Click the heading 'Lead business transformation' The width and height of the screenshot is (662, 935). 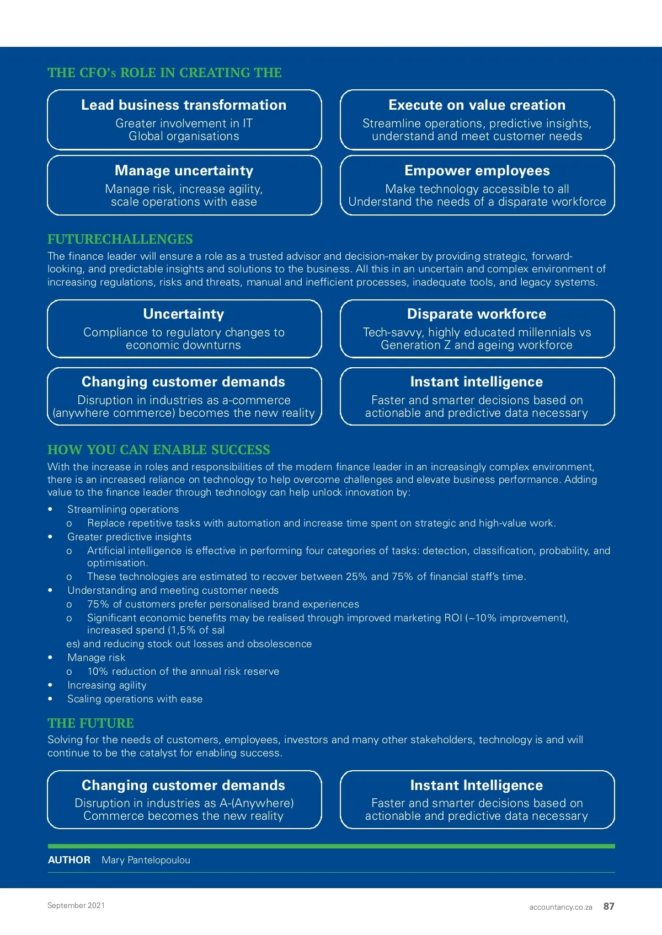click(x=184, y=105)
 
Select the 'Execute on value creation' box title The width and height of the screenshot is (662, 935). click(x=477, y=105)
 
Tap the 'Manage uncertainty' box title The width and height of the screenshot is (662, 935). click(x=184, y=171)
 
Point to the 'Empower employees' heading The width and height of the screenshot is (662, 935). click(x=477, y=171)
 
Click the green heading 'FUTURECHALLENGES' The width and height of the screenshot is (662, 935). click(x=120, y=239)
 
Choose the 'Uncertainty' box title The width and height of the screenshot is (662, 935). click(x=184, y=314)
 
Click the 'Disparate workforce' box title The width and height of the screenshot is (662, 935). click(x=477, y=314)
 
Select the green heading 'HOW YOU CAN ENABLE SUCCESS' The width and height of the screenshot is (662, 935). click(x=159, y=450)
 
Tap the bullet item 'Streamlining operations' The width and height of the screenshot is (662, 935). click(x=123, y=509)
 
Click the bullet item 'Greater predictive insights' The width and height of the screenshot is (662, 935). click(x=130, y=537)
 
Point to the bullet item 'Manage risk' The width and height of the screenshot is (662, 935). click(x=97, y=658)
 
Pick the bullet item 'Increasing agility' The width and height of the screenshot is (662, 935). click(x=107, y=685)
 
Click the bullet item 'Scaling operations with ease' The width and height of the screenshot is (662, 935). click(x=135, y=699)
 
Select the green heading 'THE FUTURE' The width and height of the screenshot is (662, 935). click(x=91, y=723)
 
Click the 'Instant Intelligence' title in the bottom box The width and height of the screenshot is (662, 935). click(x=477, y=786)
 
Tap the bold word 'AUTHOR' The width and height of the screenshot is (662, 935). click(x=70, y=860)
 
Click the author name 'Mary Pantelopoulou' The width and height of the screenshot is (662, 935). click(x=146, y=860)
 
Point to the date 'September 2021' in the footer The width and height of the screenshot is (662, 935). click(x=76, y=905)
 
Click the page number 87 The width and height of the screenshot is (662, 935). click(x=608, y=906)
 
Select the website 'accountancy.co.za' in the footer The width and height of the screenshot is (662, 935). click(x=560, y=907)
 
